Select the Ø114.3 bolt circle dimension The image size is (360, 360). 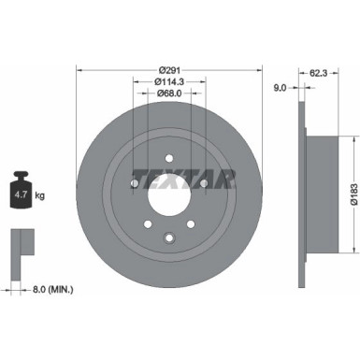(169, 82)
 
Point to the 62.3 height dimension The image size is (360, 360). (317, 71)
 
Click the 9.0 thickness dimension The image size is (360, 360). (279, 89)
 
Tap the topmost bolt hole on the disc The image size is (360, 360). (169, 158)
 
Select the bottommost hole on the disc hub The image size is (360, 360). (169, 238)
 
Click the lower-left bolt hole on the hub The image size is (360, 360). (148, 224)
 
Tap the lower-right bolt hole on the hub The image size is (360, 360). (191, 224)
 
